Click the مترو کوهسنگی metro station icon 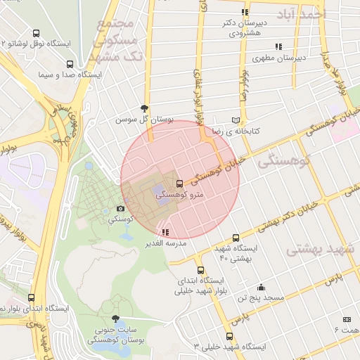(179, 184)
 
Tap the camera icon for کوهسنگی (120, 209)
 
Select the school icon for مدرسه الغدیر (165, 232)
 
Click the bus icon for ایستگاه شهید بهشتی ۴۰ (235, 238)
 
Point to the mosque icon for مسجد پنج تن (262, 287)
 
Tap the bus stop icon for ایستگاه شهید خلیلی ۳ (229, 336)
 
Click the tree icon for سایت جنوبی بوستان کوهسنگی (115, 319)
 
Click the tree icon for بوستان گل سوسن (145, 108)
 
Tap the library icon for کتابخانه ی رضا (236, 120)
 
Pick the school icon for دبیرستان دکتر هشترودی (245, 12)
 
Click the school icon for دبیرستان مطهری (278, 46)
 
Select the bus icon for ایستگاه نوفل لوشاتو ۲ (36, 32)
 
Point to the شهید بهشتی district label (321, 250)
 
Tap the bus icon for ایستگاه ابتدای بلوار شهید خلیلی (200, 270)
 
